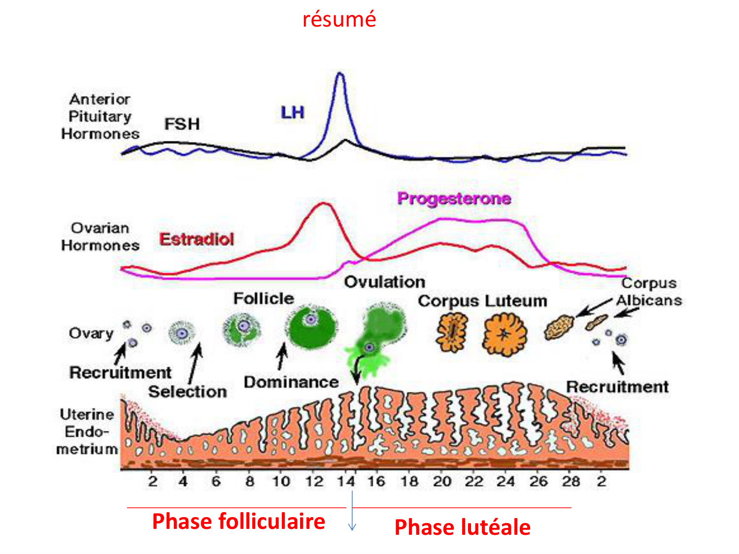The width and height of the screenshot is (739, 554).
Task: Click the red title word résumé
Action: (x=339, y=19)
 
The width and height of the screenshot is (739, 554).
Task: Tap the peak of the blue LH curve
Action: (x=339, y=74)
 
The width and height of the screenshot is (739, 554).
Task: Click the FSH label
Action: (x=182, y=124)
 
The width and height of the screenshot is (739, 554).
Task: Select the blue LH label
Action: (x=293, y=113)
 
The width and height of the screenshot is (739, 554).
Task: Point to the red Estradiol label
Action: (x=197, y=239)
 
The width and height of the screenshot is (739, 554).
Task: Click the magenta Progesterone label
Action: (x=454, y=198)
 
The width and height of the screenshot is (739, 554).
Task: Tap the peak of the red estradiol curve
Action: (x=324, y=203)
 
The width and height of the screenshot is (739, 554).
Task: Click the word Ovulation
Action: (x=384, y=282)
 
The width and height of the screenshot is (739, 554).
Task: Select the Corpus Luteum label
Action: (x=482, y=301)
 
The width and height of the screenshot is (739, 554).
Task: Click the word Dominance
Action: (x=291, y=382)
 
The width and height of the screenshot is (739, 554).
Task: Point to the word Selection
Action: (x=188, y=391)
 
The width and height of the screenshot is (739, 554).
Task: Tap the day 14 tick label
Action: (x=346, y=481)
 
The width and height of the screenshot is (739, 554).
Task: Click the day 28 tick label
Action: (x=571, y=481)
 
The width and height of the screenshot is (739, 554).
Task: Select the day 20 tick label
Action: (x=442, y=481)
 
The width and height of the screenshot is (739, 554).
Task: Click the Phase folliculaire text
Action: (x=238, y=521)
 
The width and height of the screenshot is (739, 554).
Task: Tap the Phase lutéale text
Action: (x=462, y=527)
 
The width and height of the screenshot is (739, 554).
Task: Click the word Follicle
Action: (x=264, y=298)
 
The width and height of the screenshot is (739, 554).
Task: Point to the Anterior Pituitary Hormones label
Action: (x=100, y=117)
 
